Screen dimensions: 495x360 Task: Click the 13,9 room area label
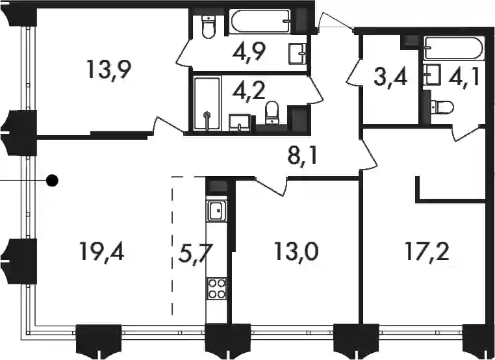(x=108, y=70)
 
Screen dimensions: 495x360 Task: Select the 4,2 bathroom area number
(x=248, y=90)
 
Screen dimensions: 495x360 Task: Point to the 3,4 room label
(x=390, y=78)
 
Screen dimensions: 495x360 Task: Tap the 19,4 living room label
(x=102, y=251)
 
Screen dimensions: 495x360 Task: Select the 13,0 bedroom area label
(x=296, y=251)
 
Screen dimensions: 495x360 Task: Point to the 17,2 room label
(x=427, y=251)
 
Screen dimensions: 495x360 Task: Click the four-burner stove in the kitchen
(x=217, y=289)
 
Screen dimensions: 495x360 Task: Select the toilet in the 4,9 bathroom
(x=209, y=27)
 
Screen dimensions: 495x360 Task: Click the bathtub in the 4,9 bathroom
(x=260, y=21)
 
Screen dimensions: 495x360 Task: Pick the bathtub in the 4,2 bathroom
(x=207, y=103)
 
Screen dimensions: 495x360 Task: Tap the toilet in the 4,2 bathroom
(x=272, y=112)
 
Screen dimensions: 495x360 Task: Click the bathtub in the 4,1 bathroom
(x=453, y=49)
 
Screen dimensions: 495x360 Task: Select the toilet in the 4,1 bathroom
(x=442, y=107)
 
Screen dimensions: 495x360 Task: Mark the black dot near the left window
(x=52, y=181)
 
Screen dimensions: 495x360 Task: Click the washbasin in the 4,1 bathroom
(x=433, y=75)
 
